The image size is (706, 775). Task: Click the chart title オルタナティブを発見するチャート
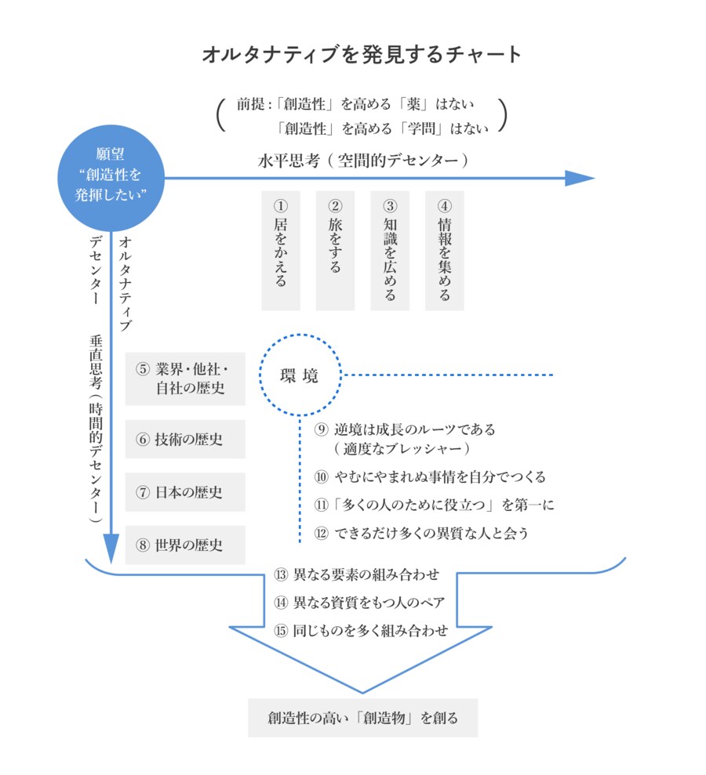click(x=362, y=55)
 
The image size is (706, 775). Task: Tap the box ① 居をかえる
click(x=280, y=250)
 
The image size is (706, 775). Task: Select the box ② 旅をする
click(x=335, y=250)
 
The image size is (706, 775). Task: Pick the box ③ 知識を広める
click(x=390, y=250)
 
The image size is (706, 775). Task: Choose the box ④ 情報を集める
click(x=444, y=250)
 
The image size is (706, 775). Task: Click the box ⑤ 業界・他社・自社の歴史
click(x=185, y=378)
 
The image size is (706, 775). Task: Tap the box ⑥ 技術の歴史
click(x=185, y=439)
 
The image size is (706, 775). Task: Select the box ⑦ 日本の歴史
click(x=185, y=492)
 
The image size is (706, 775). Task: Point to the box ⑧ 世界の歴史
click(x=185, y=545)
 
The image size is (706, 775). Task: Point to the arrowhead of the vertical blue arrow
click(x=111, y=544)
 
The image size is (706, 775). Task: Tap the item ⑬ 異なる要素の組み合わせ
click(x=356, y=574)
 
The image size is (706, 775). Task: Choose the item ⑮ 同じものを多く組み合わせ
click(x=361, y=630)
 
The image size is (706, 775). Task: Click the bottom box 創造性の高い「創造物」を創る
click(x=362, y=718)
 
